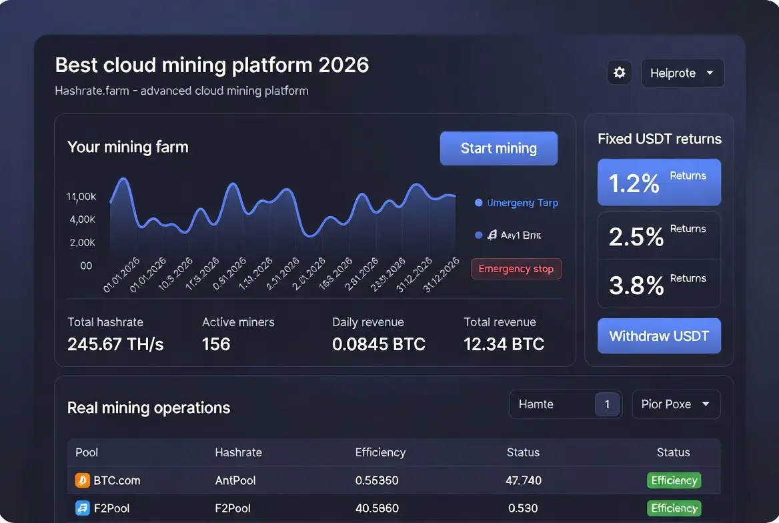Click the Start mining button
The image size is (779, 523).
coord(498,148)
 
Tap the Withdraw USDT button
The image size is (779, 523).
coord(659,336)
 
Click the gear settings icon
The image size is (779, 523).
coord(620,73)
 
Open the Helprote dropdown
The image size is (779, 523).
coord(682,73)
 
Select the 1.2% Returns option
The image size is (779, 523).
coord(659,182)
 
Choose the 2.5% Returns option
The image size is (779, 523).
coord(659,235)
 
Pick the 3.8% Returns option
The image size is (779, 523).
coord(659,284)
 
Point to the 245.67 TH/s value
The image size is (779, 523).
coord(115,344)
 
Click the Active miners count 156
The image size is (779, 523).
coord(216,344)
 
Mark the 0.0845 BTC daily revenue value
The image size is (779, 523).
coord(378,344)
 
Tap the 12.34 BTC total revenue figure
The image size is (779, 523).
coord(504,344)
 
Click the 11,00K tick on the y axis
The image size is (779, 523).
coord(81,197)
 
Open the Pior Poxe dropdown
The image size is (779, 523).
coord(676,404)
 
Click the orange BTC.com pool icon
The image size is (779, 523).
coord(83,480)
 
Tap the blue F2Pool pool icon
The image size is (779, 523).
coord(83,508)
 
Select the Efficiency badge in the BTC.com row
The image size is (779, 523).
coord(674,480)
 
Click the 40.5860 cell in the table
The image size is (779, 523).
coord(377,508)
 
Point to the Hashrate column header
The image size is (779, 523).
coord(238,452)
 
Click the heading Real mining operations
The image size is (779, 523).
coord(149,408)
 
